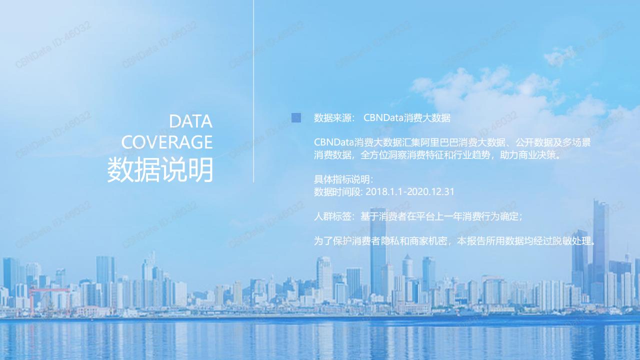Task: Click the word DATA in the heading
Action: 190,121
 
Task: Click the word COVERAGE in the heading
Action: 167,142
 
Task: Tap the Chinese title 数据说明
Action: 160,169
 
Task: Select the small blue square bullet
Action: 296,117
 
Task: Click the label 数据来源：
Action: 334,117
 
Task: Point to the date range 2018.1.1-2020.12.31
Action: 410,191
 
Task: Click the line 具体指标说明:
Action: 343,179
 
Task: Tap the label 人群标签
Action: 332,216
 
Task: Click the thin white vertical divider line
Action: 253,91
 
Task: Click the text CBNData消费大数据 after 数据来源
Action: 407,117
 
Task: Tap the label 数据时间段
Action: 337,191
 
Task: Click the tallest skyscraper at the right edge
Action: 600,251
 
